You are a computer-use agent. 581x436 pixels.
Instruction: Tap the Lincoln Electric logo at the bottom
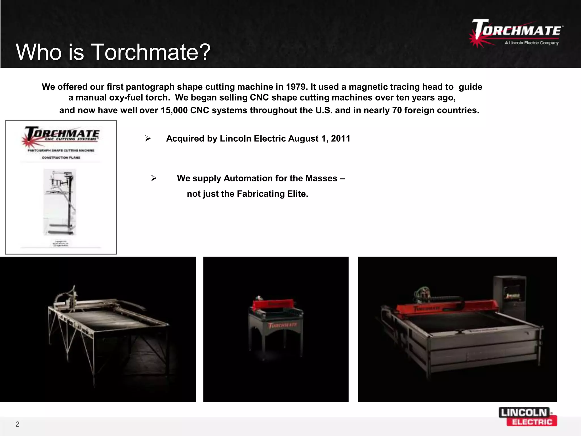[528, 417]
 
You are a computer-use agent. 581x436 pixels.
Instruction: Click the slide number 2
[17, 424]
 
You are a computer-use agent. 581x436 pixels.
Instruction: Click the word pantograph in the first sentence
[150, 87]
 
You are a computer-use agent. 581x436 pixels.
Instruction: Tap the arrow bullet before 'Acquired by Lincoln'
[148, 139]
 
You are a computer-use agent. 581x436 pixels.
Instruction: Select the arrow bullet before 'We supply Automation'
[154, 178]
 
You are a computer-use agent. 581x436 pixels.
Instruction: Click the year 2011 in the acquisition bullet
[340, 139]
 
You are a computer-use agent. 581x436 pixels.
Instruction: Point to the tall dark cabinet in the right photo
[510, 298]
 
